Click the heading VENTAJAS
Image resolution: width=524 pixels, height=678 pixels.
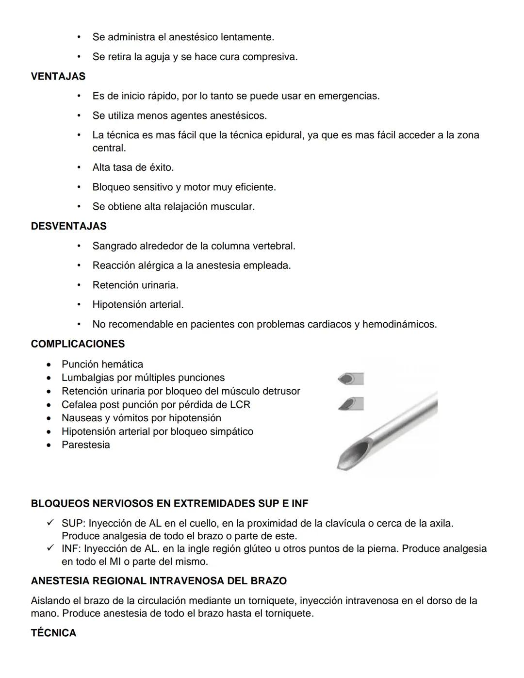[58, 76]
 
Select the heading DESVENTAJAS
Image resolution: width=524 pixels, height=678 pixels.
[68, 226]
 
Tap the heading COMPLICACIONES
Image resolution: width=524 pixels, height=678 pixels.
[78, 344]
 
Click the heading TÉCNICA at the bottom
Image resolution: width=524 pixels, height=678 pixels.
[53, 633]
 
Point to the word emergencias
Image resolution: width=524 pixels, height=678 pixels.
[348, 96]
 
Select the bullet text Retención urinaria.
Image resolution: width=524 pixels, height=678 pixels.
[135, 285]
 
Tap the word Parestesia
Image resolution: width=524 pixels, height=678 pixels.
[85, 445]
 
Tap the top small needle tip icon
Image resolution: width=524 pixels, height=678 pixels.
[350, 379]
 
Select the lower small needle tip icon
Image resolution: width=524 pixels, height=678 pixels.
[350, 404]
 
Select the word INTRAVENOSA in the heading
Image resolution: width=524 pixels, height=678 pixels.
[188, 581]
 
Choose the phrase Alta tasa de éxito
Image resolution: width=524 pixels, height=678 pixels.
[133, 167]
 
